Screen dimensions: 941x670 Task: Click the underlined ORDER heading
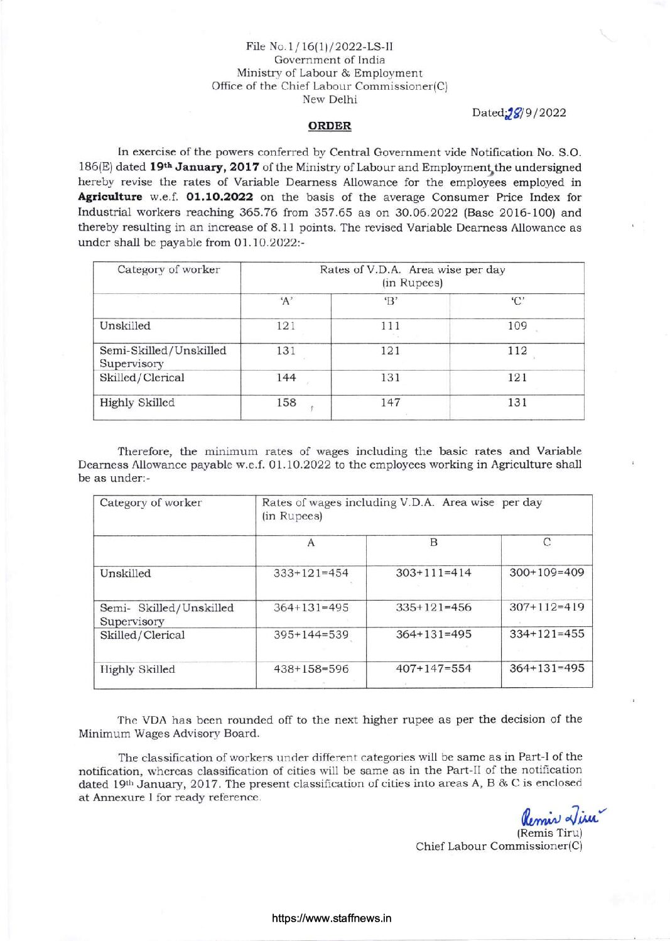330,126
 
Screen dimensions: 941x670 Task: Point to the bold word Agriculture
110,197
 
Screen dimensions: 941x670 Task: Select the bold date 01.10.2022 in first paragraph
220,197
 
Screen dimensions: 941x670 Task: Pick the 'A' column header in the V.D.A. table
286,300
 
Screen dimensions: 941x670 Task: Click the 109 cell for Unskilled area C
517,326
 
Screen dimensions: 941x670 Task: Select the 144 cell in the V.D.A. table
286,378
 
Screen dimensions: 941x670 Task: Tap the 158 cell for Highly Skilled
286,403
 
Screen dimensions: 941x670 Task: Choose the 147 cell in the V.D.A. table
390,403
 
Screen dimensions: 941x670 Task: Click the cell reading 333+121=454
311,573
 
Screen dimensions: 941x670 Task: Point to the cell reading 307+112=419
546,607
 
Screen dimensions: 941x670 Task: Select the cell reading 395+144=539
311,634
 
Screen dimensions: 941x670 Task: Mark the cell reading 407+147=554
433,668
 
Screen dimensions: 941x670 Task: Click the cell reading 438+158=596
311,669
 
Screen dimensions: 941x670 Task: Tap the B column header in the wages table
433,542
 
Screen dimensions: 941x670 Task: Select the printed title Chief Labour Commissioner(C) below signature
499,846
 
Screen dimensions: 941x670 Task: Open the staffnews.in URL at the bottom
332,918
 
